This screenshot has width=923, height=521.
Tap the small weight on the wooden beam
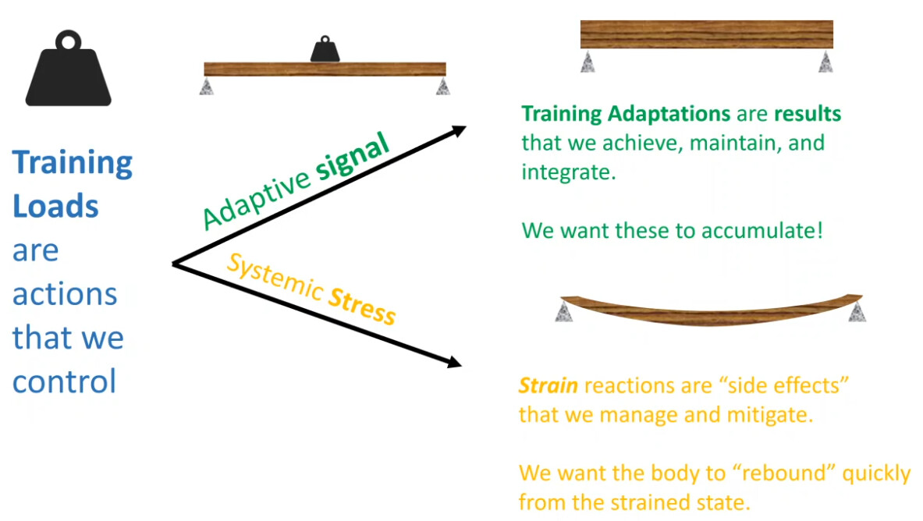pos(325,49)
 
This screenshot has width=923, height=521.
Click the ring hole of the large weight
pos(69,42)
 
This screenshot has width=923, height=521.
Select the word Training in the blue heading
pos(73,163)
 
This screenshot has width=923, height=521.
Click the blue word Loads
pos(55,206)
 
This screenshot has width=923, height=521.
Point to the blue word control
pos(64,381)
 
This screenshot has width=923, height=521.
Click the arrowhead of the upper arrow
pos(459,131)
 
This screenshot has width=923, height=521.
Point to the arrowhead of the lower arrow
pos(454,361)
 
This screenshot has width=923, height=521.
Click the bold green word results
pos(808,114)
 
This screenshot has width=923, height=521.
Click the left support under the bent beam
pos(564,311)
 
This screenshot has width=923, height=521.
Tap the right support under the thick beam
pos(825,62)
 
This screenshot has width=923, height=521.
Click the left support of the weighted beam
pos(206,87)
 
